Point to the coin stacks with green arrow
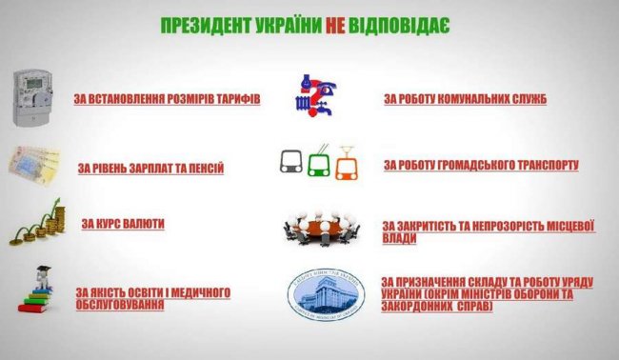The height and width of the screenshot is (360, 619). pyautogui.click(x=36, y=224)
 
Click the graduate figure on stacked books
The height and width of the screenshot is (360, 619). pyautogui.click(x=39, y=290)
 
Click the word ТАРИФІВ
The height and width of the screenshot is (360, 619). pyautogui.click(x=236, y=99)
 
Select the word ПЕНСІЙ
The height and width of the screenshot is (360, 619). pyautogui.click(x=203, y=168)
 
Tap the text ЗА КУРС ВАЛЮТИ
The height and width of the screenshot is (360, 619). pyautogui.click(x=123, y=223)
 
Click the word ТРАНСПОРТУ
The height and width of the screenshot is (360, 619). pyautogui.click(x=541, y=165)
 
